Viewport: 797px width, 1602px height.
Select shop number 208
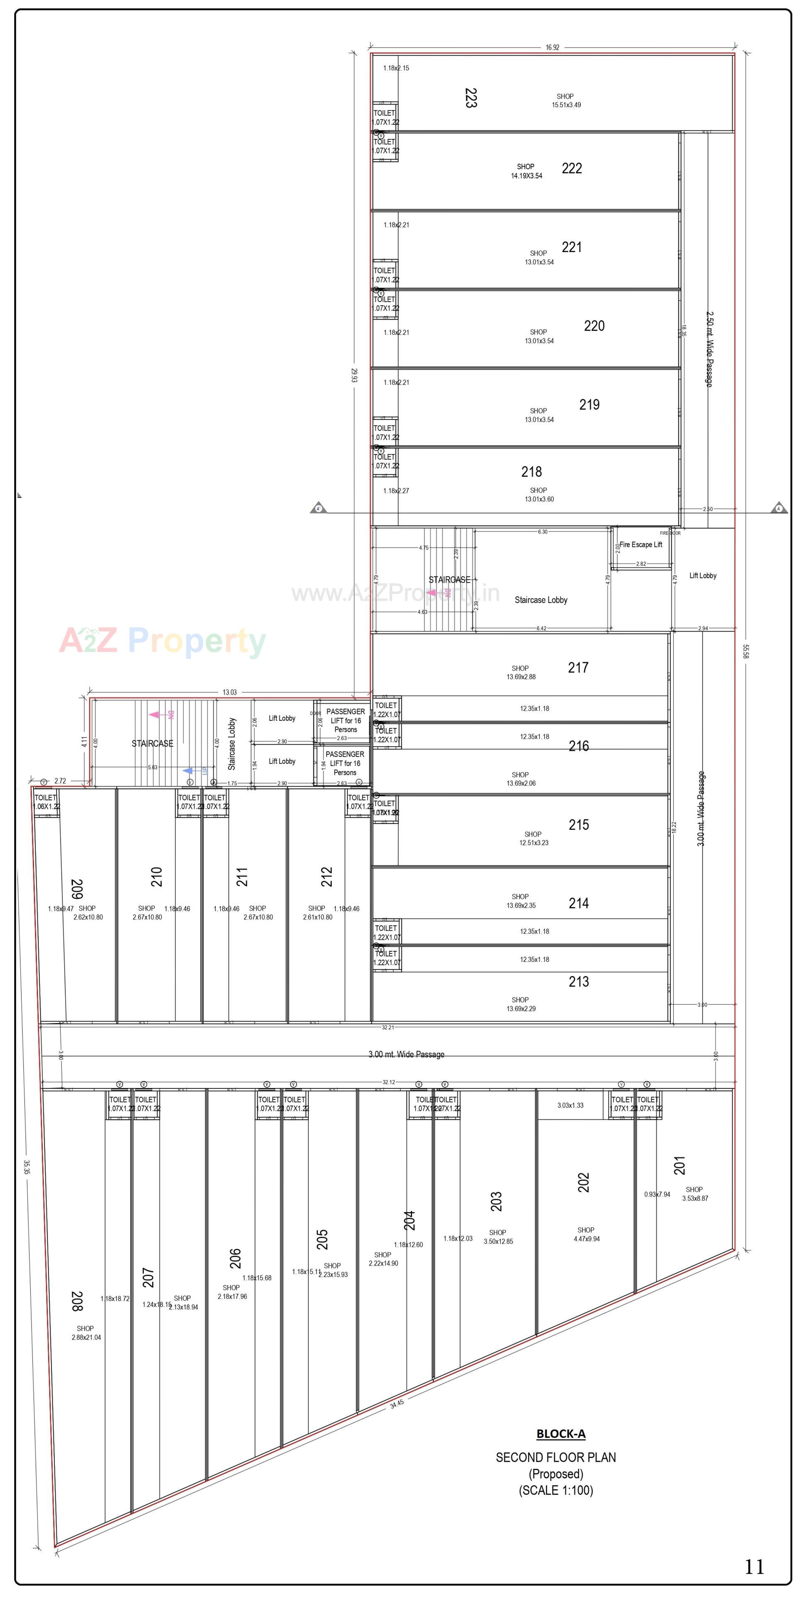tap(76, 1301)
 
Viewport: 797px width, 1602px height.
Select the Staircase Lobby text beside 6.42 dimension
tap(540, 600)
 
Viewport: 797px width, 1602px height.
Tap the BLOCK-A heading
tap(560, 1434)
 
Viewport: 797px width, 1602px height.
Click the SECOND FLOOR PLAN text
tap(555, 1457)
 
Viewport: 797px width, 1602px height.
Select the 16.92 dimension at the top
tap(552, 47)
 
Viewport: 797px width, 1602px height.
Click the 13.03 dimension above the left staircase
tap(229, 692)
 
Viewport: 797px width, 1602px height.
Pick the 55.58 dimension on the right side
tap(746, 651)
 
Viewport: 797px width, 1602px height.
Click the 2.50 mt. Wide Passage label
tap(709, 349)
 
